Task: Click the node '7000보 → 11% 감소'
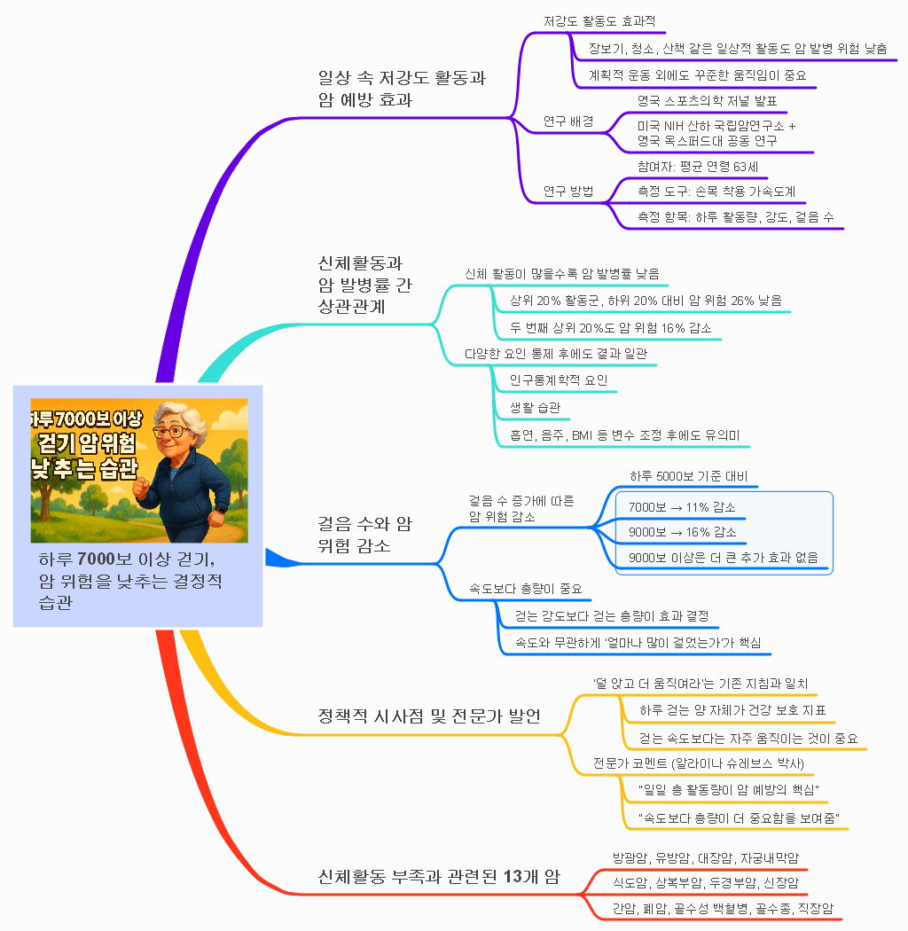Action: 682,507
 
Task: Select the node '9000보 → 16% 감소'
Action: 683,532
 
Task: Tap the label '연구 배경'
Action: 568,121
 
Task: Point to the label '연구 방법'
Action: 568,192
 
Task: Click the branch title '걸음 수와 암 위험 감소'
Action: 364,535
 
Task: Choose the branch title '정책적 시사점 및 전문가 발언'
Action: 429,716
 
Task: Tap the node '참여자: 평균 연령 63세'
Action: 698,167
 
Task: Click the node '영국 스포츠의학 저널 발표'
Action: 708,101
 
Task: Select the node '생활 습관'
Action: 535,407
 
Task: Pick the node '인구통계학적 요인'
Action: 559,380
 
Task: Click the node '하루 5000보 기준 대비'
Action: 689,476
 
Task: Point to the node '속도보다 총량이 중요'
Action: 526,589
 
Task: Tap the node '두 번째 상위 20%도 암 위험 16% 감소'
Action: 610,328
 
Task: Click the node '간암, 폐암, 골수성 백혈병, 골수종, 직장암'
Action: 723,909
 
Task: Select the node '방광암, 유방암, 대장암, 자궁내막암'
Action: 706,858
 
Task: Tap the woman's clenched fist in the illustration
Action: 141,488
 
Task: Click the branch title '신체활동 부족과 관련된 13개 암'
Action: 439,876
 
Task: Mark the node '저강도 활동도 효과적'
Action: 599,21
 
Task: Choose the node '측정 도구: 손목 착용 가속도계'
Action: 716,192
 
